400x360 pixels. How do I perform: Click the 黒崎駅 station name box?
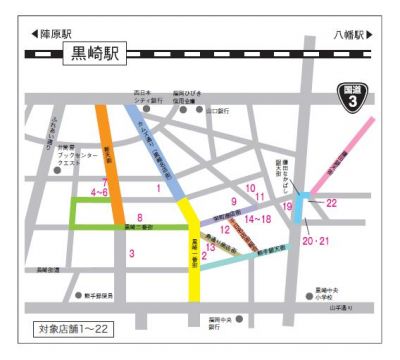click(92, 54)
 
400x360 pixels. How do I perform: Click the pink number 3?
click(131, 253)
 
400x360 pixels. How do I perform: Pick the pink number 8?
click(140, 218)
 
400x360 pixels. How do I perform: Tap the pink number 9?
click(233, 202)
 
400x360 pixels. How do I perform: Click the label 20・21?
click(315, 241)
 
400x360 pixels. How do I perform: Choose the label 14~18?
click(258, 218)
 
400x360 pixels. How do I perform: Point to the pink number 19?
click(287, 206)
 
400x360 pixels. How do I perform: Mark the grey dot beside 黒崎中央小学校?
click(307, 296)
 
